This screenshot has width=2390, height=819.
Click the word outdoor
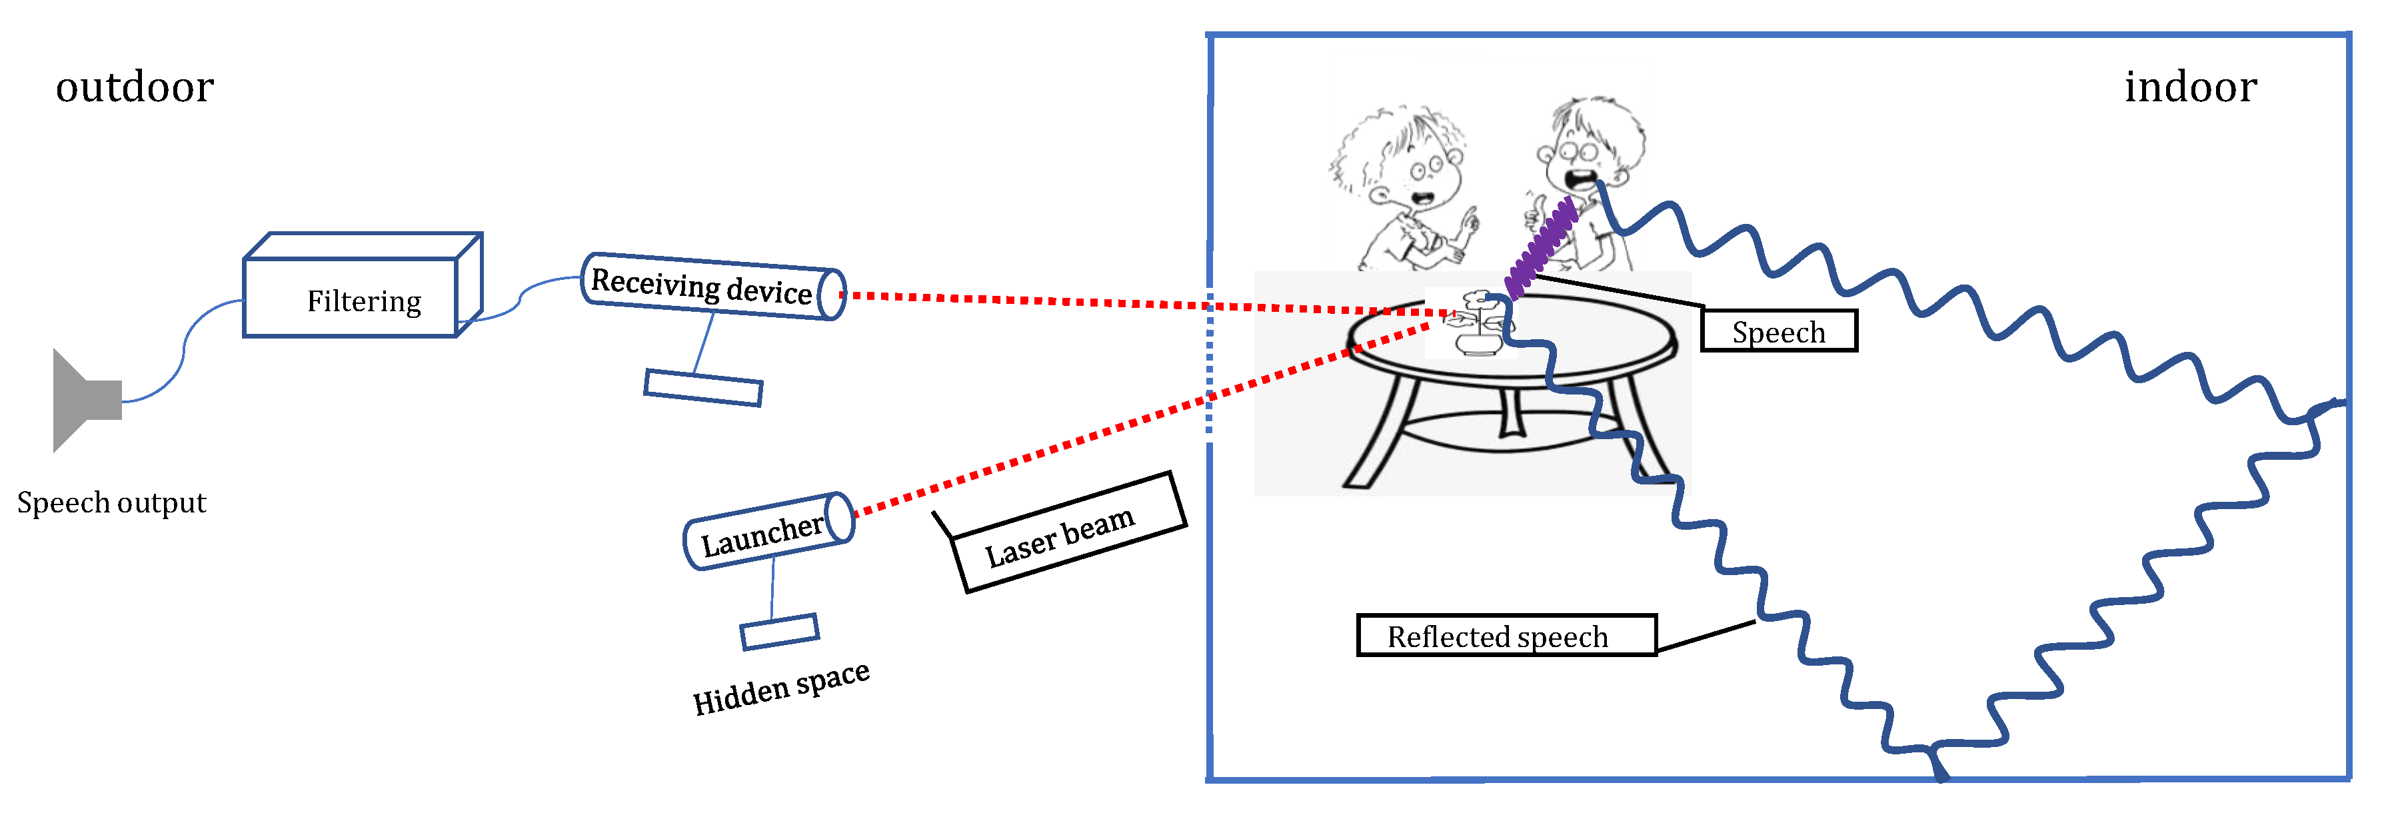[135, 87]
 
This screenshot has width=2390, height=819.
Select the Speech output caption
[111, 502]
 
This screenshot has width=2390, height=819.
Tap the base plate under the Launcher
[779, 632]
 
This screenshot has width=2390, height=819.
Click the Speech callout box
[1778, 331]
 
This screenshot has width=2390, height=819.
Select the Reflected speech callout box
[1505, 636]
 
